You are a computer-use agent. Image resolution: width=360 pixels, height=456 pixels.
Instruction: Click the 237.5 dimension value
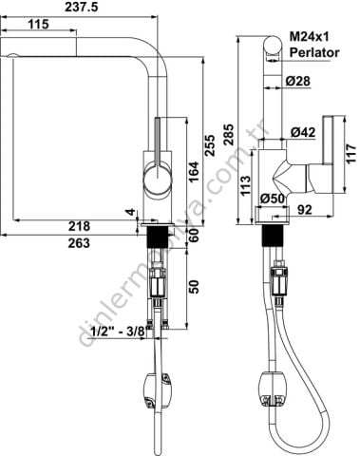pos(82,8)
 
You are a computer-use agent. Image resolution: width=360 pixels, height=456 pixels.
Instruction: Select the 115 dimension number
pos(38,24)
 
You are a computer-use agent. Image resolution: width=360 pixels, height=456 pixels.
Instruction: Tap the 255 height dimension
pos(209,145)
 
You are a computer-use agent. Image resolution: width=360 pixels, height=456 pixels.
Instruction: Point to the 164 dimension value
pos(194,171)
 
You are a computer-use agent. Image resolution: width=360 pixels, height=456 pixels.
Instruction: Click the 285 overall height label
pos(228,135)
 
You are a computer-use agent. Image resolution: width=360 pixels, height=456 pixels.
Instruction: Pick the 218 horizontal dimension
pos(79,226)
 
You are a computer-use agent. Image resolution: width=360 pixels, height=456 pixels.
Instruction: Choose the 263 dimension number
pos(79,243)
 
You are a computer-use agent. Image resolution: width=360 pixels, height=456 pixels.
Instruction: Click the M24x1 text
pos(310,37)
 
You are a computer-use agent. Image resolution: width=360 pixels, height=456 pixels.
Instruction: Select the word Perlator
pos(314,52)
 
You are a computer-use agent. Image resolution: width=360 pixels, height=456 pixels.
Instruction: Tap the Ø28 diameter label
pos(298,81)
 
